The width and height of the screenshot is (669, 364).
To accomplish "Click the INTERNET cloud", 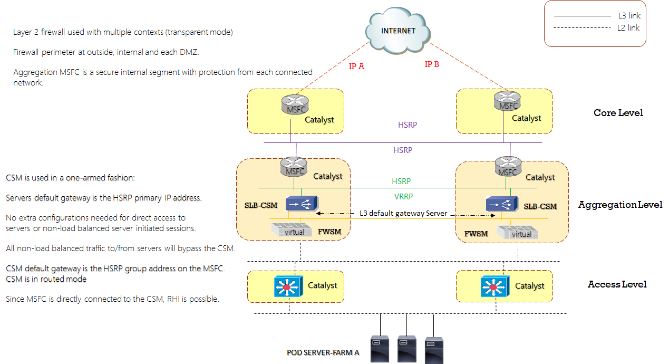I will pyautogui.click(x=398, y=31).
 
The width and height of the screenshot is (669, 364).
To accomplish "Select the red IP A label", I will pyautogui.click(x=357, y=67).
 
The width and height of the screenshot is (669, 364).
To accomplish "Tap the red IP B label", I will pyautogui.click(x=432, y=64).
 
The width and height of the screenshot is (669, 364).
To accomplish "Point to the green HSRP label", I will pyautogui.click(x=401, y=181).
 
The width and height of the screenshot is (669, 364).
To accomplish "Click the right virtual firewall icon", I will pyautogui.click(x=518, y=233).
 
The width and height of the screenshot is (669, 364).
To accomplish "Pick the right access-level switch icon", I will pyautogui.click(x=494, y=286).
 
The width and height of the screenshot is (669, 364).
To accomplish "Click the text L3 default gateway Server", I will pyautogui.click(x=403, y=213).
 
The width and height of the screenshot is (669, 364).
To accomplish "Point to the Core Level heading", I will pyautogui.click(x=618, y=113).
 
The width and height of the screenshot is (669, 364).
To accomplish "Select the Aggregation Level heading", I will pyautogui.click(x=620, y=205).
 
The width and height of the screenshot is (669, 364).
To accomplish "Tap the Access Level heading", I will pyautogui.click(x=617, y=284).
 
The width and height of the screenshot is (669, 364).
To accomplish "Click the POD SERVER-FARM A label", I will pyautogui.click(x=323, y=352).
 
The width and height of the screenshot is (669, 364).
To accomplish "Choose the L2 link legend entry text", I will pyautogui.click(x=628, y=27).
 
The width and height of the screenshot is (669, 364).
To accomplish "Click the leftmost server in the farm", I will pyautogui.click(x=380, y=348).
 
